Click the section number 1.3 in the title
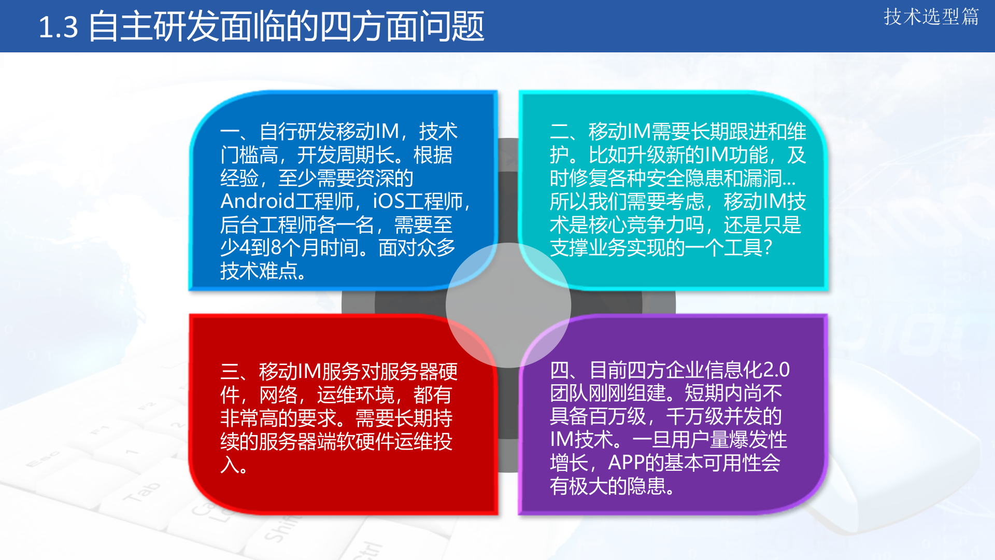pos(58,27)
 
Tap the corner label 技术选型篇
pos(931,17)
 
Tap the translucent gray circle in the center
pos(508,305)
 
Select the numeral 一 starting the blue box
pos(230,132)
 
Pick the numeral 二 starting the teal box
pos(559,132)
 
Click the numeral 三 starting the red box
pos(230,372)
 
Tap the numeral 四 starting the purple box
pos(560,370)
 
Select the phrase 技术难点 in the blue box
pos(259,271)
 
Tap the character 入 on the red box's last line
pos(230,465)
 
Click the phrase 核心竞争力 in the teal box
pos(637,225)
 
